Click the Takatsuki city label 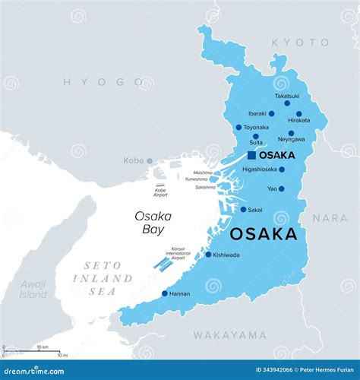pos(287,97)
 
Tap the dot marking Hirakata pos(299,114)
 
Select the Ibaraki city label pos(257,114)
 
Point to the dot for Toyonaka pos(238,128)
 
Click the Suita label pos(256,142)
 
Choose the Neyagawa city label pos(291,140)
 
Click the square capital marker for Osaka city pos(251,155)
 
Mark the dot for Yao pos(281,188)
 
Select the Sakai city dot pos(243,210)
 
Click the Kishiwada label pos(226,255)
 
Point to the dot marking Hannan pos(165,293)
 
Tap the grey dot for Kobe pos(150,160)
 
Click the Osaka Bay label pos(153,223)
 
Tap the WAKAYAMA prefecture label pos(229,334)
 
